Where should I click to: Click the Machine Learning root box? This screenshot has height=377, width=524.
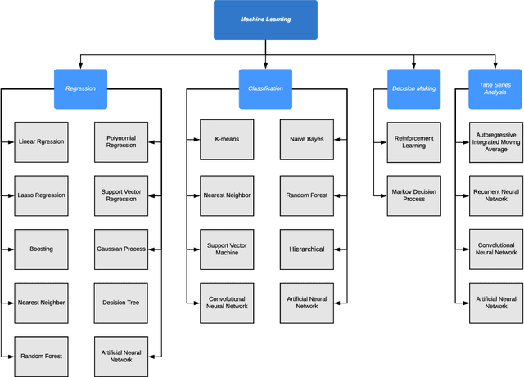(x=265, y=20)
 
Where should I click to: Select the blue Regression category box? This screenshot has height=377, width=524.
(x=81, y=88)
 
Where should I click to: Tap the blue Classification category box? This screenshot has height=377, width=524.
(x=265, y=88)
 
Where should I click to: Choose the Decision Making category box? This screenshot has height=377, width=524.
(x=413, y=88)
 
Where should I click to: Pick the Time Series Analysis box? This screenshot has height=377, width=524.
(x=495, y=88)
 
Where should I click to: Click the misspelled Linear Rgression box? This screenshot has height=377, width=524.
(x=41, y=141)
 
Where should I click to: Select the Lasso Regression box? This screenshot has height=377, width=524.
(x=41, y=195)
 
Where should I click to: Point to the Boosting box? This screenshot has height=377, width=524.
(x=41, y=249)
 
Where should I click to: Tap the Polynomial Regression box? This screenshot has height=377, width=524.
(x=121, y=141)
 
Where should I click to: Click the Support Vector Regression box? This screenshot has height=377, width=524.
(x=121, y=195)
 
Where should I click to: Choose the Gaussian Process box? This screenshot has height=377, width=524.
(x=121, y=249)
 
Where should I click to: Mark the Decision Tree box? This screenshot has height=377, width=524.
(x=121, y=303)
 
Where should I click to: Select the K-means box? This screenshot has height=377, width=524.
(x=227, y=140)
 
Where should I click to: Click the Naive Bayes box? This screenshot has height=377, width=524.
(x=306, y=140)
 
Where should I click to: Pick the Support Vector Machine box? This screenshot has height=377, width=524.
(x=227, y=249)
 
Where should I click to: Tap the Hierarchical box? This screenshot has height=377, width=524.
(x=306, y=249)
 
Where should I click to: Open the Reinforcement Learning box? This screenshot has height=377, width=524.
(x=413, y=141)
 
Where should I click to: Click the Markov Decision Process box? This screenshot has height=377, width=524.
(x=413, y=195)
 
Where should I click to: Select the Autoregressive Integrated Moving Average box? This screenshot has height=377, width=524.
(x=495, y=141)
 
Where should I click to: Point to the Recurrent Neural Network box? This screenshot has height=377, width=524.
(x=495, y=195)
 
